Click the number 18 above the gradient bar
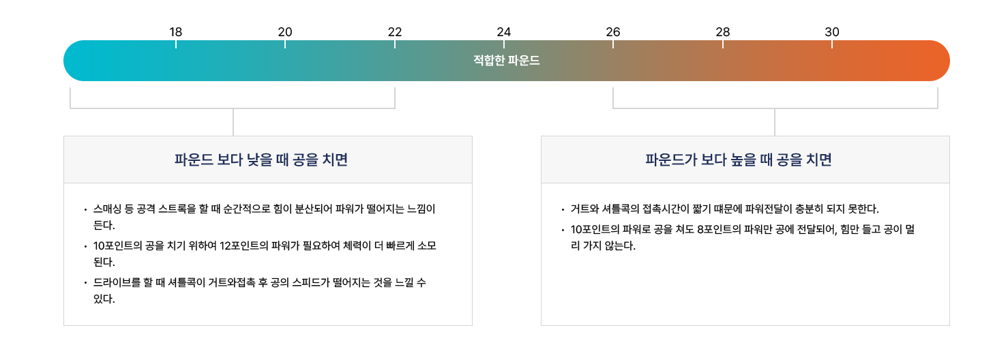click(x=176, y=32)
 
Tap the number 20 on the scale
click(x=285, y=32)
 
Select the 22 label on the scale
click(x=395, y=32)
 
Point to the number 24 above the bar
click(x=504, y=32)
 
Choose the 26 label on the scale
click(x=613, y=32)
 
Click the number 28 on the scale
click(x=723, y=32)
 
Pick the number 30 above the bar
click(x=832, y=32)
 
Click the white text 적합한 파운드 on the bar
click(x=507, y=61)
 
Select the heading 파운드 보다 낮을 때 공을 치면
click(x=261, y=160)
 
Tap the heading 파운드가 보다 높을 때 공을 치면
click(x=739, y=160)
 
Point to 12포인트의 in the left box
click(x=245, y=246)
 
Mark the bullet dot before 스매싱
click(x=85, y=210)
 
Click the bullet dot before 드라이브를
click(x=85, y=284)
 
